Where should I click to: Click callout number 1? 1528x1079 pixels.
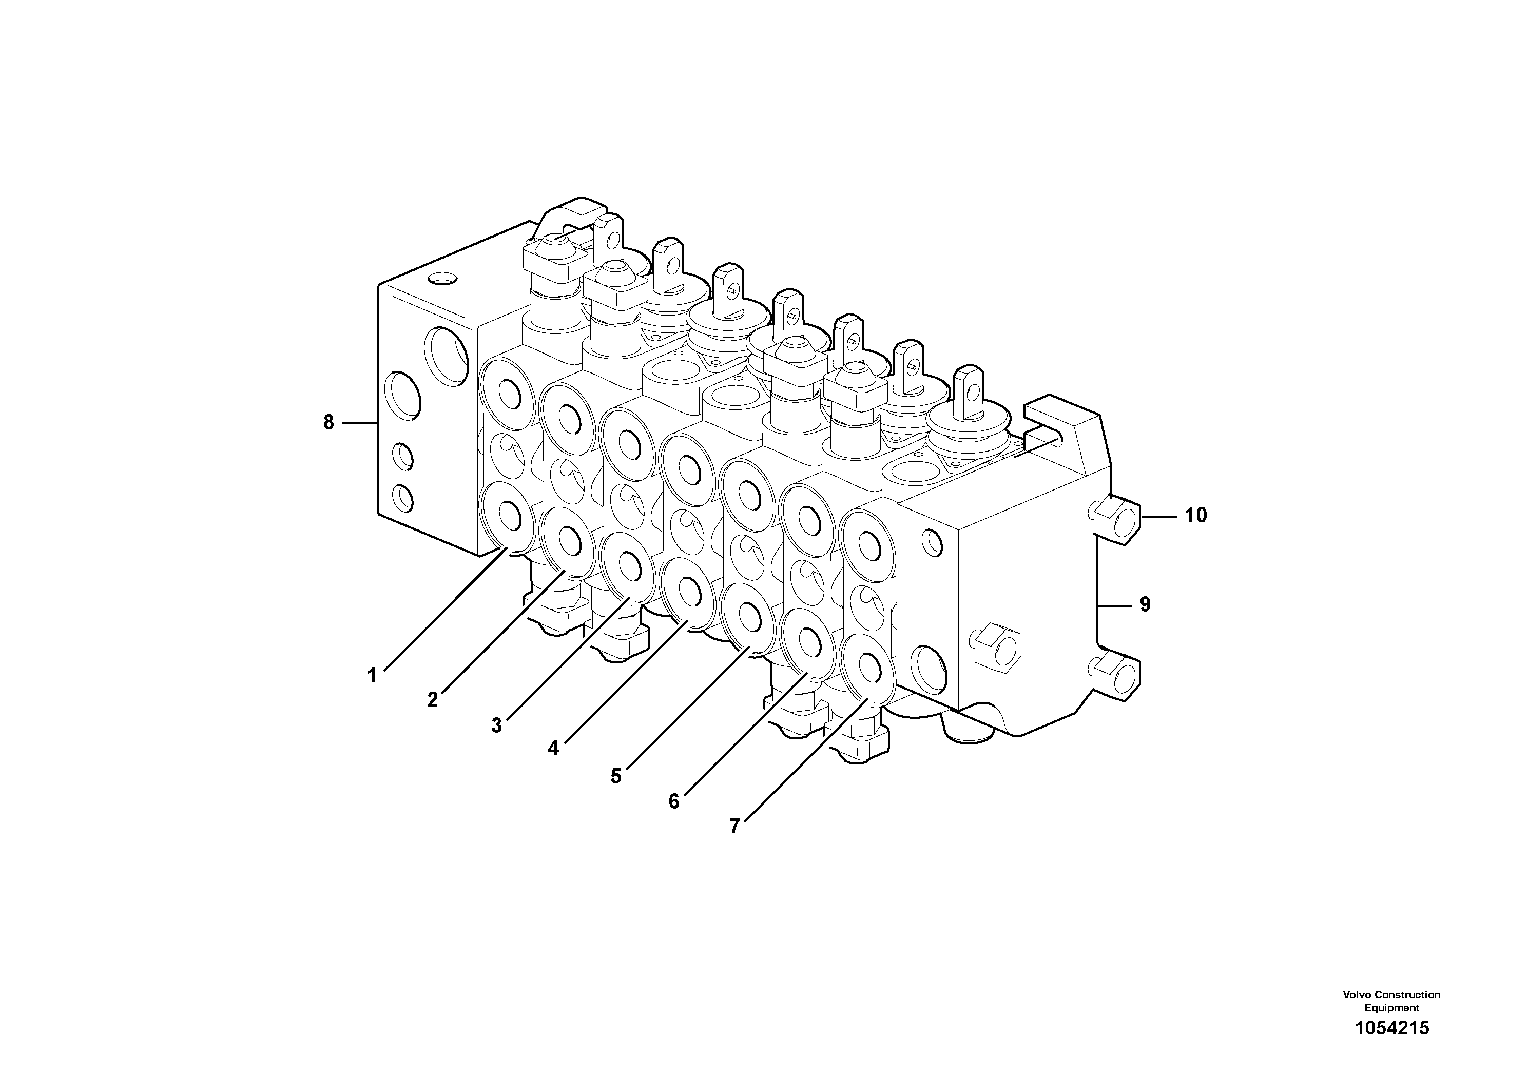coord(372,676)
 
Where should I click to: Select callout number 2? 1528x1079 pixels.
coord(433,700)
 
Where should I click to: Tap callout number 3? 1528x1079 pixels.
coord(496,725)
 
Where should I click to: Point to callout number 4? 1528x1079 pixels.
coord(554,749)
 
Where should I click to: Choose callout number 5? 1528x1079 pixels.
coord(616,776)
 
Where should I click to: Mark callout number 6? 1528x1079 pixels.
coord(674,801)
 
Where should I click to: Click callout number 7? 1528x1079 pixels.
coord(734,826)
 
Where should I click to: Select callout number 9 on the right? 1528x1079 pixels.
coord(1145,605)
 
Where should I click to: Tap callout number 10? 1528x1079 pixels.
coord(1195,516)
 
